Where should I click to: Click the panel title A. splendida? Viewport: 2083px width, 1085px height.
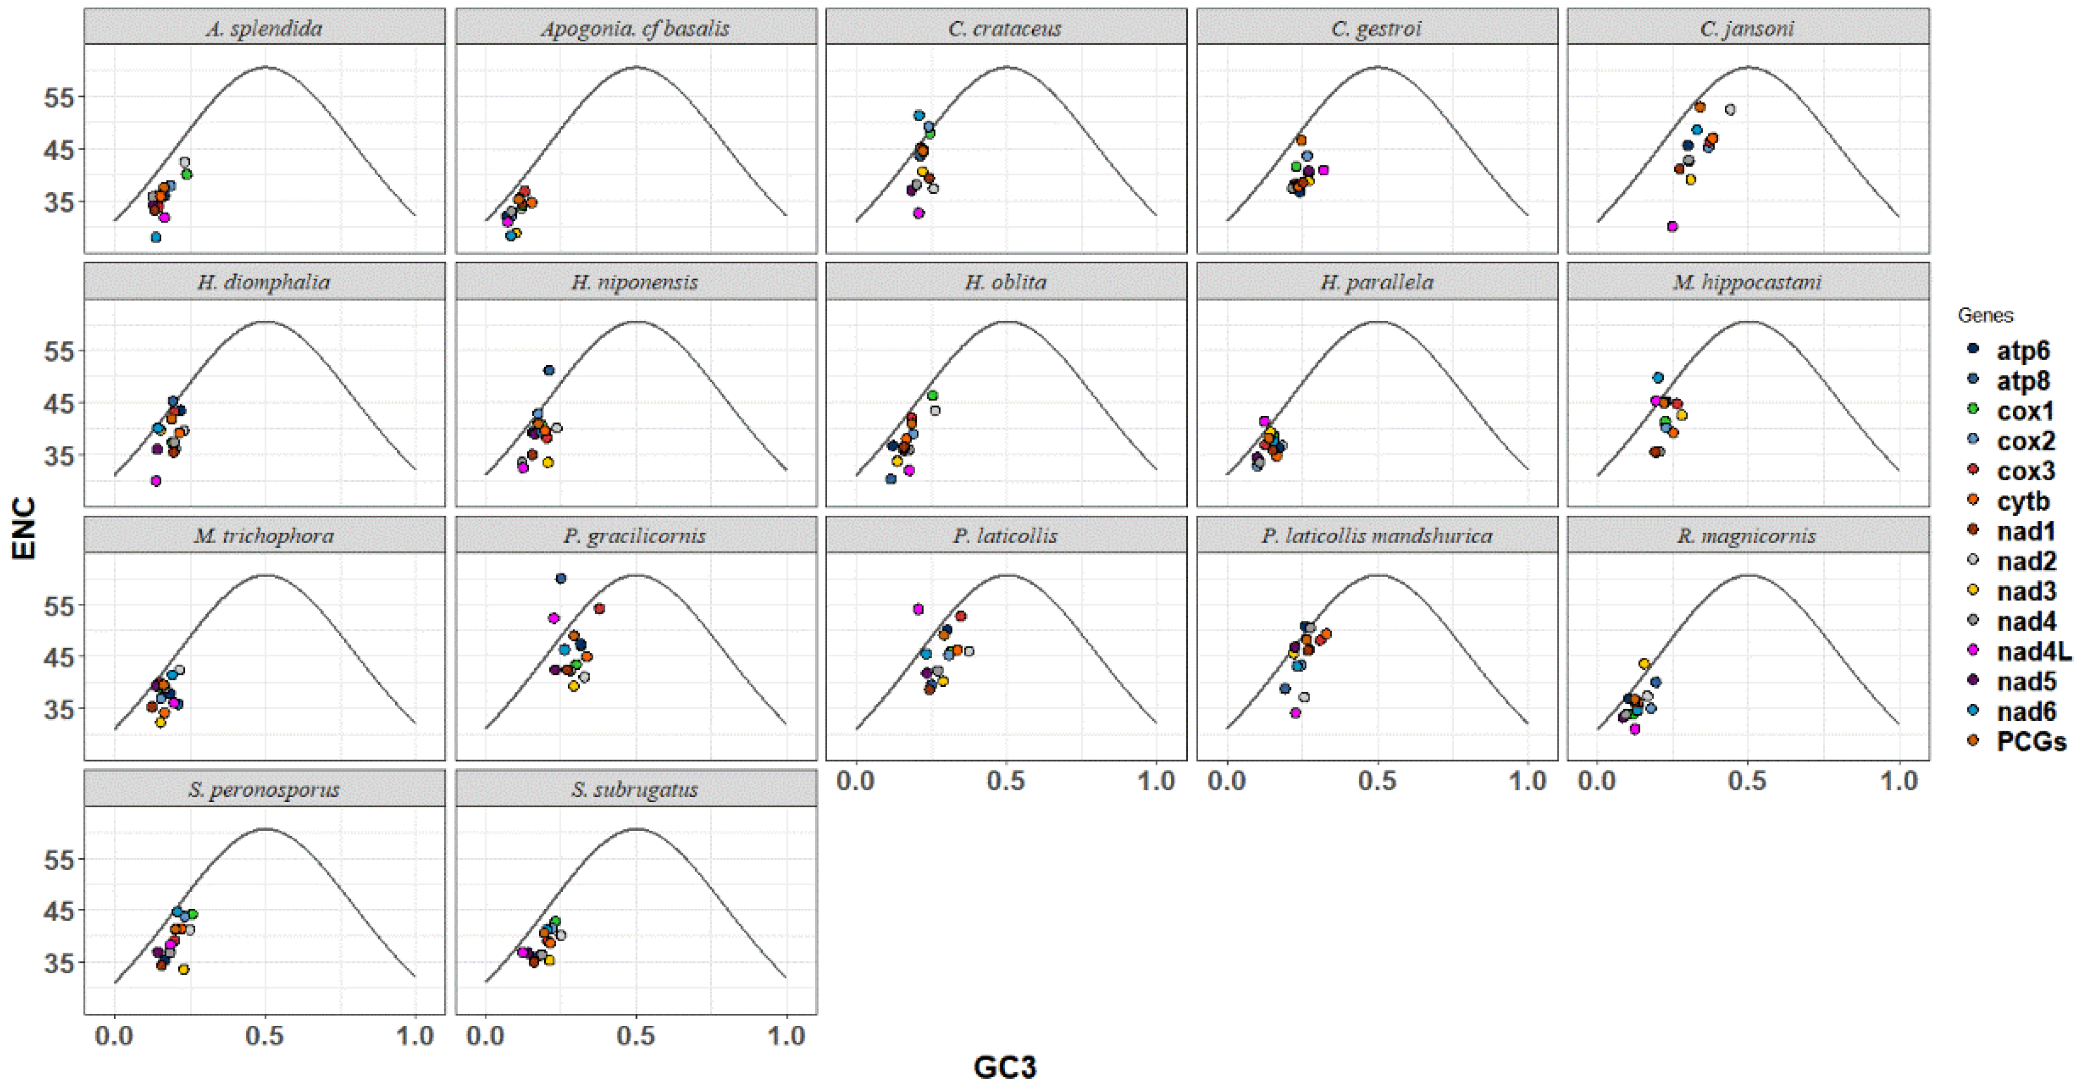coord(264,28)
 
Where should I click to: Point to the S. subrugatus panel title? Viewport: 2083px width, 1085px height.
coord(635,790)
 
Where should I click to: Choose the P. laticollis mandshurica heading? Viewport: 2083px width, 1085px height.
coord(1376,536)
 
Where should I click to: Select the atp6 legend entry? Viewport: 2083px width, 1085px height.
coord(2022,351)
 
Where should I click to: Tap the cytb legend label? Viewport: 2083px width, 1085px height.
coord(2022,501)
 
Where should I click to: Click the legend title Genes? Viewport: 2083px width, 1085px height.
coord(1985,315)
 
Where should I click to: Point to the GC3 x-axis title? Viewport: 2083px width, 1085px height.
coord(1004,1067)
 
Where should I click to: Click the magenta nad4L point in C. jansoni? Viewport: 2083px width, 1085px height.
coord(1672,226)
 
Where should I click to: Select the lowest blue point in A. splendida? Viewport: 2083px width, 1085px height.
coord(156,237)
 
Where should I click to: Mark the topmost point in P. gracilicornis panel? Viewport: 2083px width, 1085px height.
coord(560,578)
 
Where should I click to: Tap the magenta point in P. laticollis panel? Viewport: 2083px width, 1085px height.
coord(918,609)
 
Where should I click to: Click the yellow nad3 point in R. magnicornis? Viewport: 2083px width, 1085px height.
coord(1643,664)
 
